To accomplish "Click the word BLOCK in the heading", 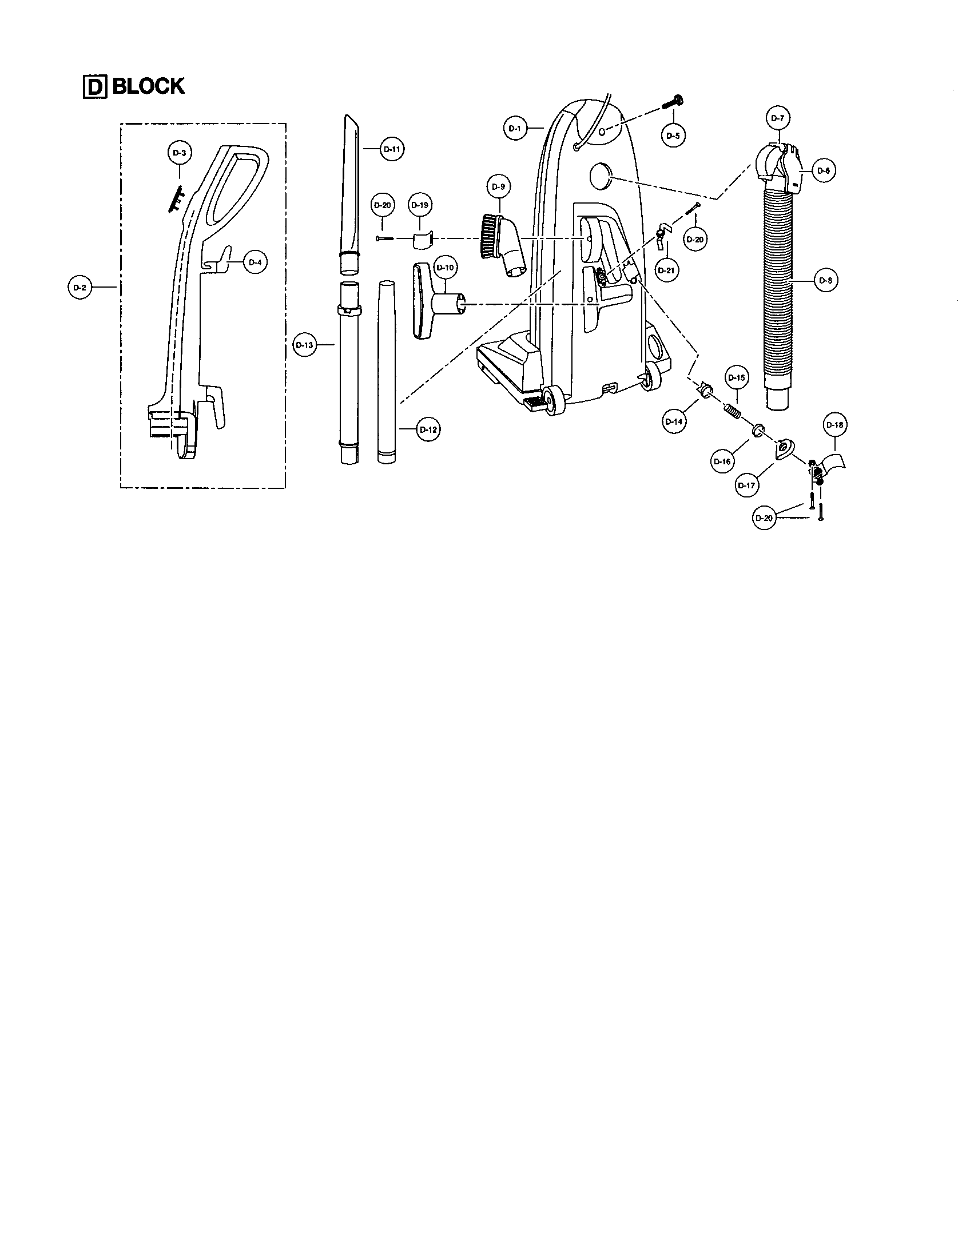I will [149, 86].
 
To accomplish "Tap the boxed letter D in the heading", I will [95, 87].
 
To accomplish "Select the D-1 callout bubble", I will [515, 129].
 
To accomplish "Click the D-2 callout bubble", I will [79, 287].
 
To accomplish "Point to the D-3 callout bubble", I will [179, 153].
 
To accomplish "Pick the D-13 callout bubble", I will [304, 345].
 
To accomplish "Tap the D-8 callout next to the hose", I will [825, 281].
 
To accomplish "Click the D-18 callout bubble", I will [834, 425].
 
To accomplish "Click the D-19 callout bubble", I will [420, 205].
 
